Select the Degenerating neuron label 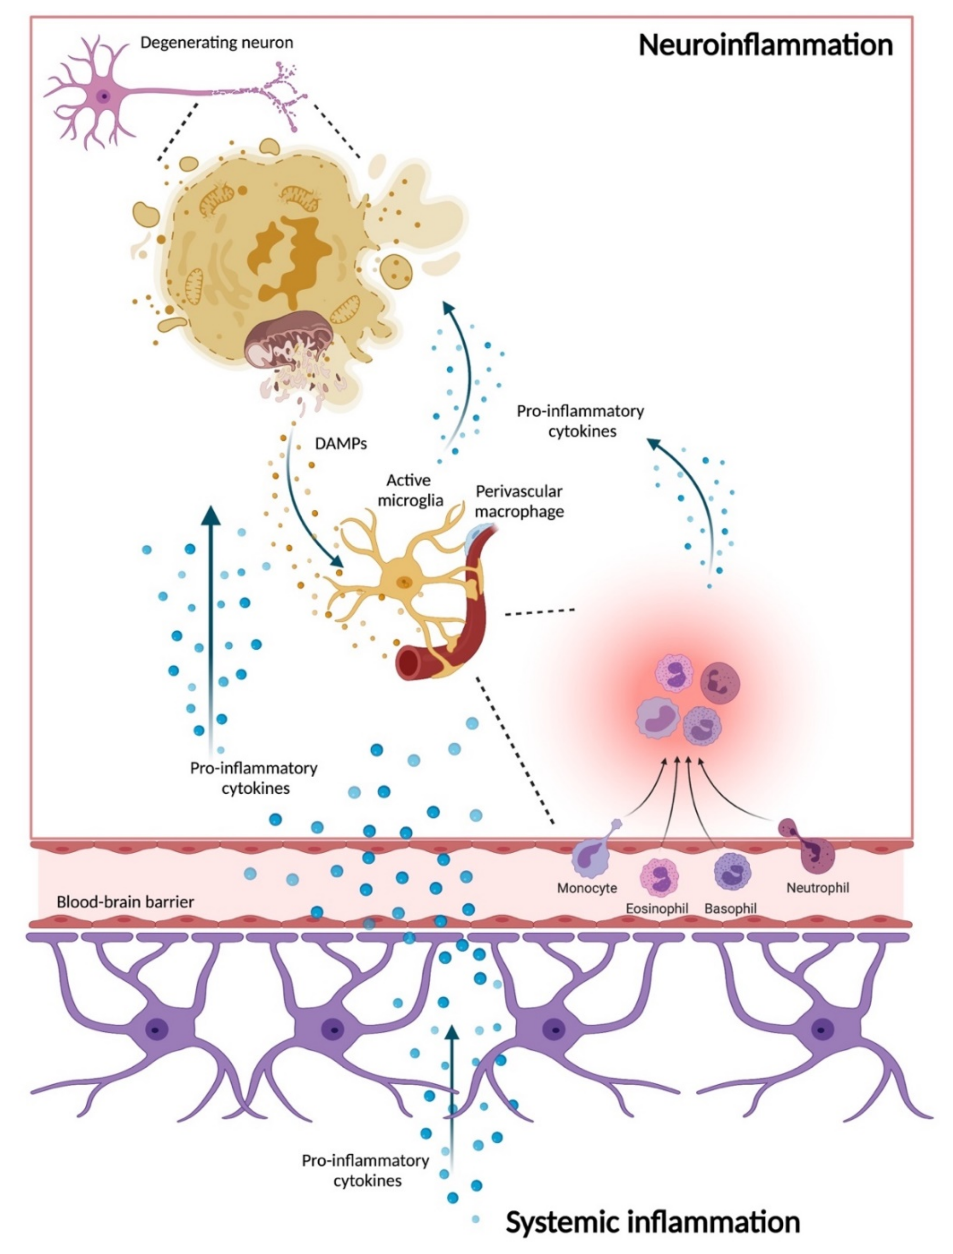217,43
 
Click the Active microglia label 410,490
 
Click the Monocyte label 586,888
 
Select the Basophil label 730,908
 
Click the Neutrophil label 817,888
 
